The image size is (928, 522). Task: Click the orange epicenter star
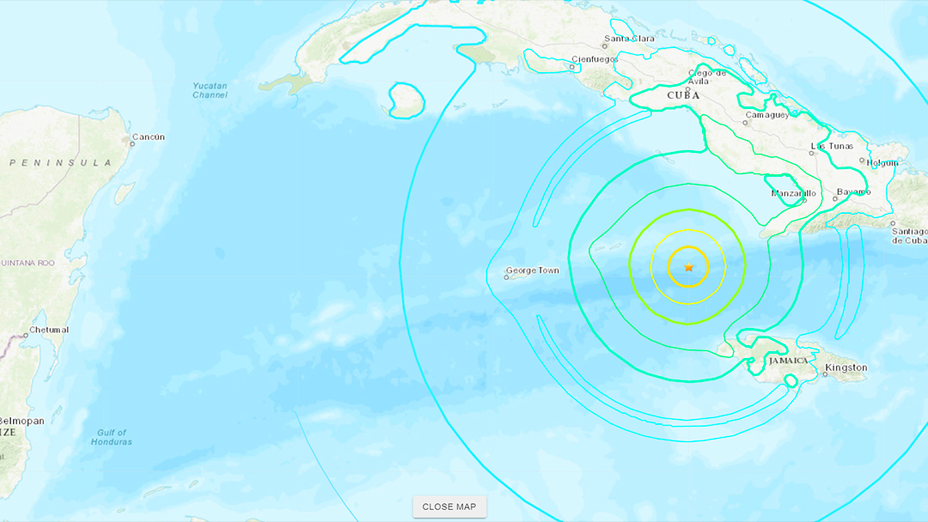pyautogui.click(x=689, y=268)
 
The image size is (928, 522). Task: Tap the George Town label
pyautogui.click(x=533, y=271)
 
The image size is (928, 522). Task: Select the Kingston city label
pyautogui.click(x=846, y=368)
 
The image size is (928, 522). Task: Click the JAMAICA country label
pyautogui.click(x=788, y=361)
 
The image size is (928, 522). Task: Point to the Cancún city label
pyautogui.click(x=149, y=137)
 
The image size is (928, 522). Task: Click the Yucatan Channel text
pyautogui.click(x=210, y=90)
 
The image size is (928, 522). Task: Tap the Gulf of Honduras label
pyautogui.click(x=112, y=437)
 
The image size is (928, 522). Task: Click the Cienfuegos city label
pyautogui.click(x=595, y=59)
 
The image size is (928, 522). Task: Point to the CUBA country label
pyautogui.click(x=683, y=95)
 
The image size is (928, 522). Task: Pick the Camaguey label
pyautogui.click(x=767, y=114)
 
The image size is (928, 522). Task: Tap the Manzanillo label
pyautogui.click(x=793, y=193)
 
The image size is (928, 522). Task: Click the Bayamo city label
pyautogui.click(x=853, y=191)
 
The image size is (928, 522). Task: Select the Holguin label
pyautogui.click(x=882, y=162)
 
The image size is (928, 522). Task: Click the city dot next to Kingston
pyautogui.click(x=823, y=373)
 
